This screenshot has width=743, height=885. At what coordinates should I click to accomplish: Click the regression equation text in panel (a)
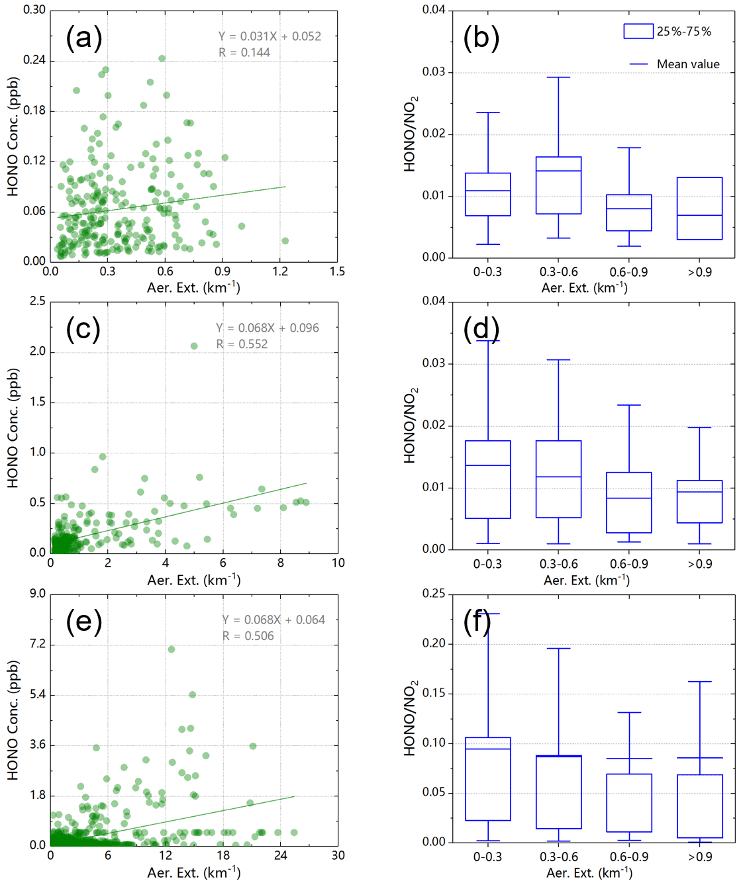pos(270,36)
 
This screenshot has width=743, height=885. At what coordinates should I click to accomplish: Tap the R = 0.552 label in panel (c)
pos(242,344)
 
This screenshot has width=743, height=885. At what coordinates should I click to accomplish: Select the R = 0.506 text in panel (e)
pos(248,636)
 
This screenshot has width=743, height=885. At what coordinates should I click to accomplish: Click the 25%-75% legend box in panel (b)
pos(638,31)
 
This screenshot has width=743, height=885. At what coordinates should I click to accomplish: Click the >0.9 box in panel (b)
pos(699,209)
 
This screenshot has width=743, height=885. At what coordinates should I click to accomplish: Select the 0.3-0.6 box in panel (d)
pos(558,479)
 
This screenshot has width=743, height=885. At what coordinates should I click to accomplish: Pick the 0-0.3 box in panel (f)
pos(487,779)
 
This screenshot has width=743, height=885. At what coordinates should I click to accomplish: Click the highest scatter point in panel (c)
pos(194,346)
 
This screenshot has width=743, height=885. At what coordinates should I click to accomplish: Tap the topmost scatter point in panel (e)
pos(172,649)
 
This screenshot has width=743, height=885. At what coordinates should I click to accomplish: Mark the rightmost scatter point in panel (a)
pos(285,241)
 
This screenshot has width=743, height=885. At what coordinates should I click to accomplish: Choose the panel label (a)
pos(84,38)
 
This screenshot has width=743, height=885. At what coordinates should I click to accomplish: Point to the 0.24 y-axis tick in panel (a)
pos(34,60)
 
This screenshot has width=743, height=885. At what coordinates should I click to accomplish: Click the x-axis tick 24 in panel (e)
pos(280,856)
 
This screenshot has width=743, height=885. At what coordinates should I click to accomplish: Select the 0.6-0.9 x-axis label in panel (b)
pos(628,272)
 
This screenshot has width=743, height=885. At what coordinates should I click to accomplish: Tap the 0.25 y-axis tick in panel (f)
pos(434,594)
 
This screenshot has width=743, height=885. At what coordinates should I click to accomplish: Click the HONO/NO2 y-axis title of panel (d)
pos(411,425)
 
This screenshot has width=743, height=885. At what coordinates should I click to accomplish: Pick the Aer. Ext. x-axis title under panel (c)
pos(193,581)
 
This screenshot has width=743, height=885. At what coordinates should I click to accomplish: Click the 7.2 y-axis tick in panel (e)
pos(37,644)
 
